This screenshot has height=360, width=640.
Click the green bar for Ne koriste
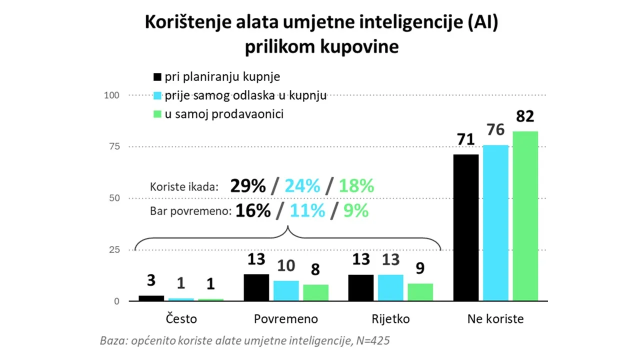tap(525, 216)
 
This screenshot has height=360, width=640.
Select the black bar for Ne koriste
tap(465, 227)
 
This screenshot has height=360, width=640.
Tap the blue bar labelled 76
tap(495, 223)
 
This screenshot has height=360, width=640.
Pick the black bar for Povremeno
tap(256, 287)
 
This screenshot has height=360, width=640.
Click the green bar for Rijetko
tap(420, 292)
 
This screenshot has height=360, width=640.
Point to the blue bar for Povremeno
tap(286, 291)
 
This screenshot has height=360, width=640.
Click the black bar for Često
tap(151, 298)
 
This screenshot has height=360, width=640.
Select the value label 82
tap(525, 116)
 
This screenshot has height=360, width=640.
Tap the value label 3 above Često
tap(151, 280)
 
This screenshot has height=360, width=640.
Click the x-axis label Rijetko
tap(390, 319)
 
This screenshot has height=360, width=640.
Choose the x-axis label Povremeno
tap(285, 319)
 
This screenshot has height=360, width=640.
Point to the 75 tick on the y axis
tap(114, 146)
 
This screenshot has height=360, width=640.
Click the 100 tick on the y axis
tap(111, 95)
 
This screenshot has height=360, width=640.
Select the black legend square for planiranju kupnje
tap(157, 77)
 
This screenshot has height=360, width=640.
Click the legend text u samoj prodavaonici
tap(224, 114)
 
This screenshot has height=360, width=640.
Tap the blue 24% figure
tap(302, 186)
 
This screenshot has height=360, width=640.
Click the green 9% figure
tap(356, 211)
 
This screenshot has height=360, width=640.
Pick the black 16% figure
tap(253, 211)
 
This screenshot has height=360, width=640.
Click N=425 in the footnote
tap(373, 340)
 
